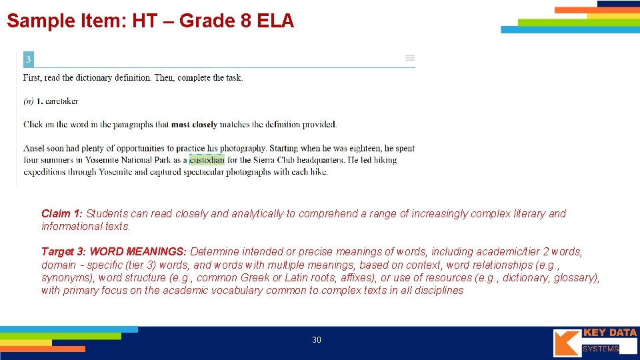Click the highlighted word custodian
tap(207, 160)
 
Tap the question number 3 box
tap(29, 60)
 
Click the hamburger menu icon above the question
tap(410, 59)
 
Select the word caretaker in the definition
tap(61, 101)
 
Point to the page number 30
tap(317, 340)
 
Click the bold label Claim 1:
tap(62, 214)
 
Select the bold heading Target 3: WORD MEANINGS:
tap(114, 252)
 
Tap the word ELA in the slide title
tap(273, 21)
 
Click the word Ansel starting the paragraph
tap(35, 148)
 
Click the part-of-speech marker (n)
tap(29, 101)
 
